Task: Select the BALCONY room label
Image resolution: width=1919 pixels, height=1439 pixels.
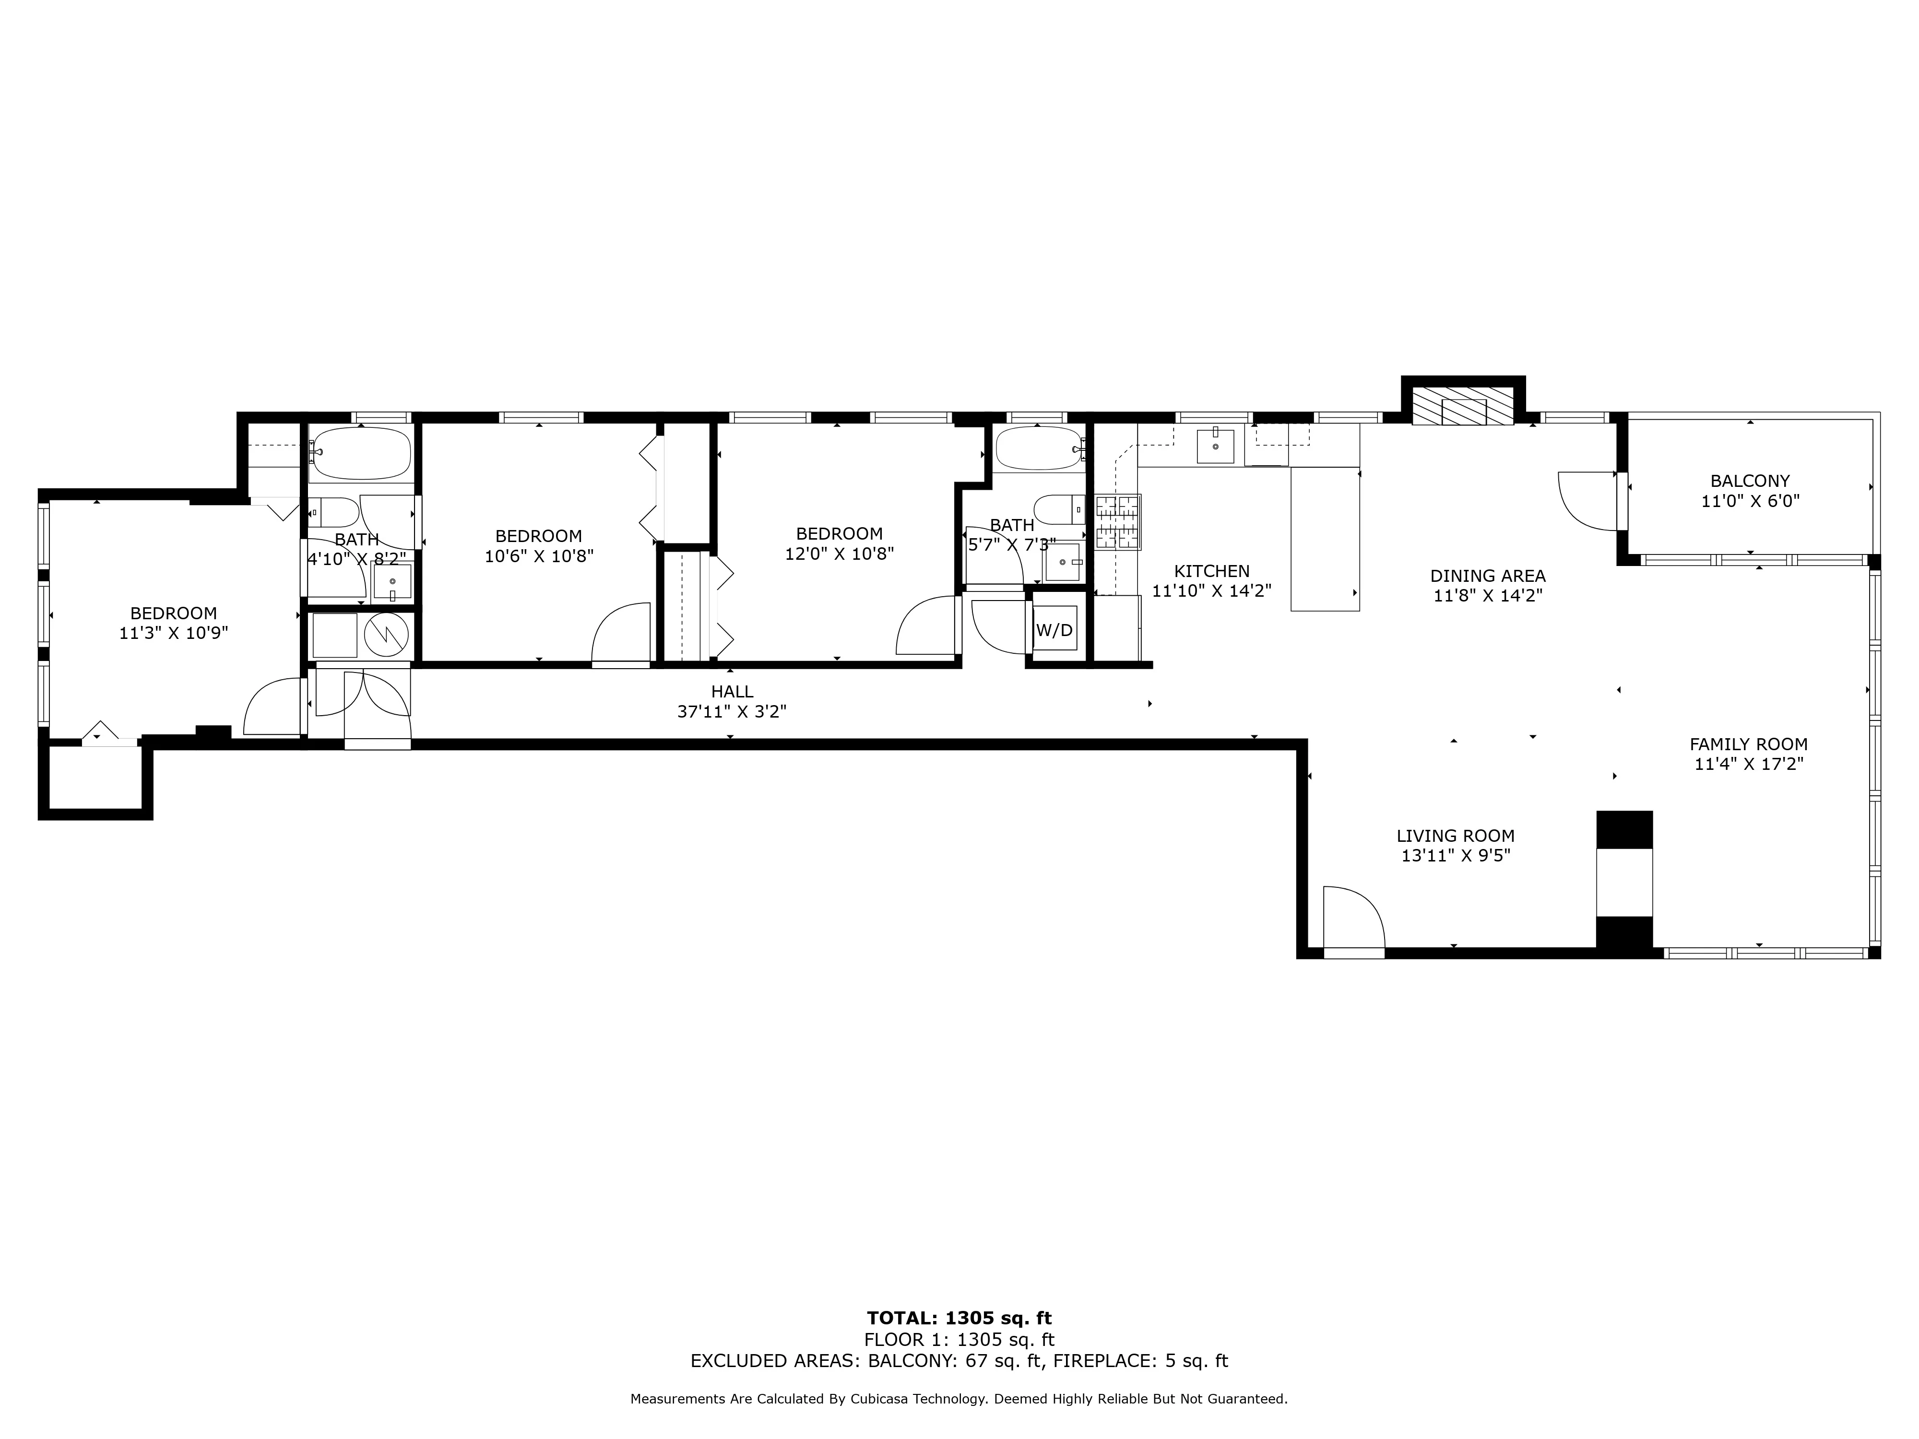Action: (x=1749, y=481)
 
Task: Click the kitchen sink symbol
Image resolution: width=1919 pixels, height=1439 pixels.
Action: (x=1215, y=446)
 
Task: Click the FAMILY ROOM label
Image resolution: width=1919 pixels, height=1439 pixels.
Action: (x=1748, y=744)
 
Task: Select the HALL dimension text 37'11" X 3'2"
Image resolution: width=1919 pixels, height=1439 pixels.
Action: (x=731, y=712)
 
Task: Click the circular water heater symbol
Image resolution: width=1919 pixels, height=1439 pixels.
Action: (x=386, y=635)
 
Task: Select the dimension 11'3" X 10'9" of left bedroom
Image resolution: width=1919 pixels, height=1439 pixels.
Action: (x=174, y=633)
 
